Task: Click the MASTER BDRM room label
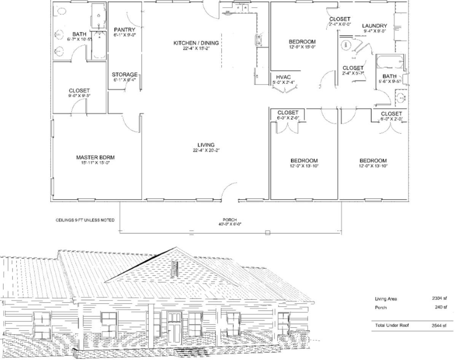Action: (x=95, y=157)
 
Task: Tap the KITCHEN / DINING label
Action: (x=196, y=43)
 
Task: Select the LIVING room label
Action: (x=206, y=145)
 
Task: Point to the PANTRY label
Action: (x=124, y=30)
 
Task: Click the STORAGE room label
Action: (x=124, y=75)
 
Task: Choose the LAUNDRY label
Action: (x=375, y=26)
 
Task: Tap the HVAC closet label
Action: (x=283, y=77)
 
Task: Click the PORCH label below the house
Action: (x=230, y=220)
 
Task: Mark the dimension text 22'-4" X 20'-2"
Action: (x=206, y=150)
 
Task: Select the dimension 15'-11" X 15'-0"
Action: (x=95, y=163)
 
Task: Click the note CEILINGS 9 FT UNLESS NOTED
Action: (x=85, y=220)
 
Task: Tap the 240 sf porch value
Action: (x=441, y=307)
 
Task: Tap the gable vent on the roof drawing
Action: (x=175, y=269)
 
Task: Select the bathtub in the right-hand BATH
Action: (x=390, y=61)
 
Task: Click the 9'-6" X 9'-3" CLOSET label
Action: (x=79, y=91)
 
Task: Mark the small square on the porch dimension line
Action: (x=268, y=233)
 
